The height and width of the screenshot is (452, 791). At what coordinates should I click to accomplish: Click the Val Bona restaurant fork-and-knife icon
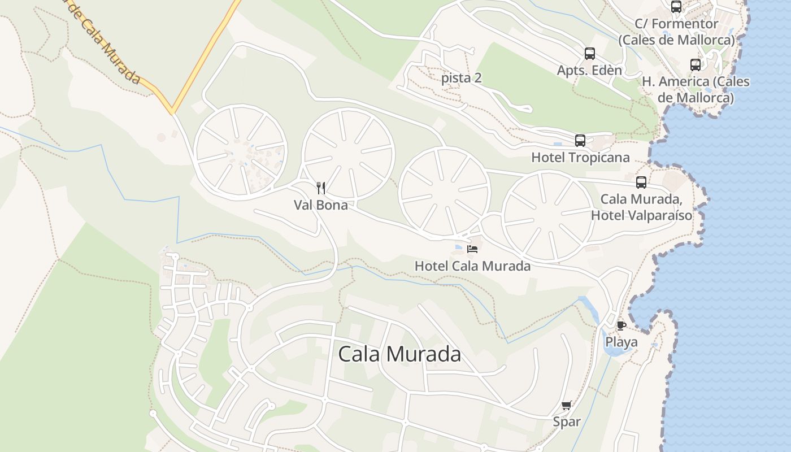pos(321,188)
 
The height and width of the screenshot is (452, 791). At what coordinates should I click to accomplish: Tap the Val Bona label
pos(320,205)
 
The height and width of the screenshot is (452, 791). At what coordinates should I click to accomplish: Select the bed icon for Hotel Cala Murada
pos(473,249)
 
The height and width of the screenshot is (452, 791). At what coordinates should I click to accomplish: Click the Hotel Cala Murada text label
pos(472,266)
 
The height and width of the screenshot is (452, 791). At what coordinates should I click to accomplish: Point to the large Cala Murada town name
pos(399,354)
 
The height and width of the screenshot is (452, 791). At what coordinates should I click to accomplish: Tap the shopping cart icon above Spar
pos(567,405)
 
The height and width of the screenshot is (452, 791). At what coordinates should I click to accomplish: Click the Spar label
pos(567,421)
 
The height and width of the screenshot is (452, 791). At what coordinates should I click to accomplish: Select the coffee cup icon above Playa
pos(621,325)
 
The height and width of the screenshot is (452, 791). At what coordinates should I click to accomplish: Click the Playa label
pos(621,342)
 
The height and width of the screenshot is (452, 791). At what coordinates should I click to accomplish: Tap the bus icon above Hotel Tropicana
pos(580,140)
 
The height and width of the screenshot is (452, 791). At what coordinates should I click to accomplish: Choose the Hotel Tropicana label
pos(580,157)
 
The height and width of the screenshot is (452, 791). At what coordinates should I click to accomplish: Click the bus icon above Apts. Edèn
pos(589,54)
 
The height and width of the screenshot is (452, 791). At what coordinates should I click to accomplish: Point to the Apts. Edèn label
pos(589,71)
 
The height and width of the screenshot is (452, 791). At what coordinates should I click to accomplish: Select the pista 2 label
pos(462,78)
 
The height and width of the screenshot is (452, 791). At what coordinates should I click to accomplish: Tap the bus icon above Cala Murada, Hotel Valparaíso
pos(641,182)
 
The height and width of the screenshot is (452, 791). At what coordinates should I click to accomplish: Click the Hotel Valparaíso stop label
pos(641,207)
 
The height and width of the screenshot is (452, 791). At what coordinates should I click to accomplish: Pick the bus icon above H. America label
pos(696,64)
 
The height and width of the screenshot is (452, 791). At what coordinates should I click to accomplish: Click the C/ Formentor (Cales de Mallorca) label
pos(676,32)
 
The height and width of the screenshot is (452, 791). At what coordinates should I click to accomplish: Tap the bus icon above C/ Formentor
pos(676,7)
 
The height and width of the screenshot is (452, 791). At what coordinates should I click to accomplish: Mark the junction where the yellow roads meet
pos(171,110)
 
